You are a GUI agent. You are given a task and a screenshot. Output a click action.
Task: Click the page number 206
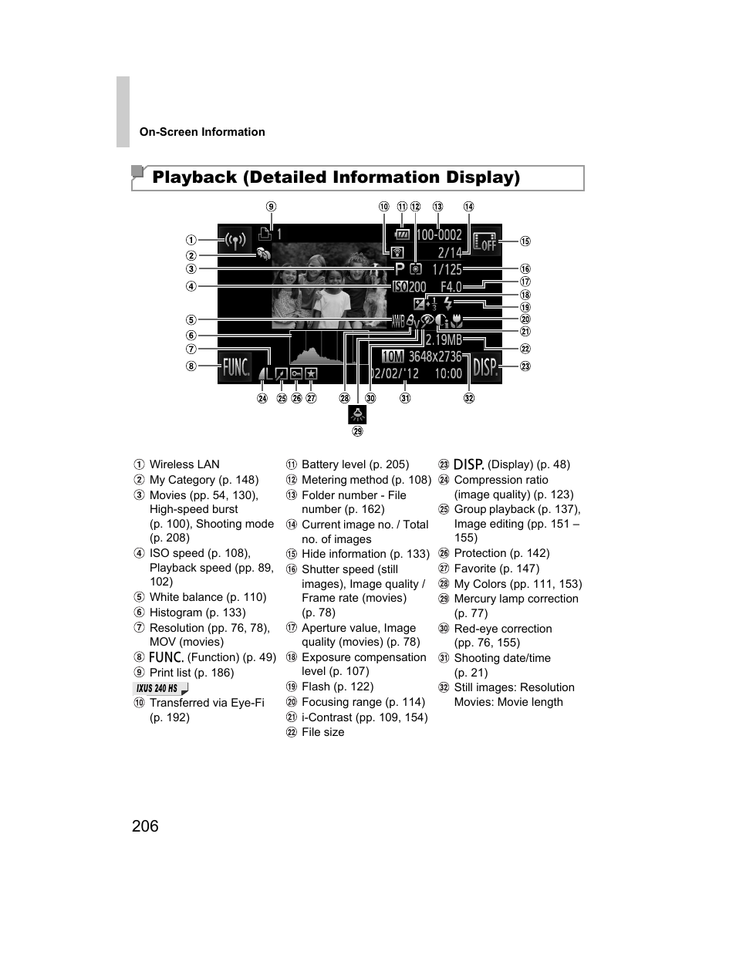[x=145, y=826]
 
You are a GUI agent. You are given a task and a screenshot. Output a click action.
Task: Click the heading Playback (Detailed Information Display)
[x=336, y=177]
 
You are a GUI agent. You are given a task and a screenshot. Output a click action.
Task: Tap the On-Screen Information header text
[x=202, y=132]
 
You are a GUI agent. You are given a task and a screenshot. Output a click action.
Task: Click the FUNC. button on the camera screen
[x=237, y=367]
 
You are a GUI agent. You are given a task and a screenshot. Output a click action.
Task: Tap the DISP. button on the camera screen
[x=486, y=367]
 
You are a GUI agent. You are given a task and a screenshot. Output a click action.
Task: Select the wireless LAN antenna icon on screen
[x=236, y=240]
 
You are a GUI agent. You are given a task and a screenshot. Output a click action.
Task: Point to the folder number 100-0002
[x=439, y=235]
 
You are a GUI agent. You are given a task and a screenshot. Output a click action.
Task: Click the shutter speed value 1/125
[x=447, y=269]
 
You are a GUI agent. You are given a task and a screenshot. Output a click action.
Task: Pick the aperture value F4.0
[x=451, y=287]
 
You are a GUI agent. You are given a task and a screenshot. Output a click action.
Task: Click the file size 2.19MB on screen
[x=444, y=339]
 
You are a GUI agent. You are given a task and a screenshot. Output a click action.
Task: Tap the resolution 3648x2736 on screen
[x=434, y=356]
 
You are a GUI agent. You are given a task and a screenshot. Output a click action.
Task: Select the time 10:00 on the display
[x=448, y=373]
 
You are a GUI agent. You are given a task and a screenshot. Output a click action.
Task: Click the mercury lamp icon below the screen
[x=357, y=414]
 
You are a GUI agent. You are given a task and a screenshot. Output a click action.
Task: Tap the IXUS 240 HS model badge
[x=160, y=689]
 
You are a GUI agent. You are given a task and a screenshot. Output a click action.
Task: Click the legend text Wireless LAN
[x=184, y=464]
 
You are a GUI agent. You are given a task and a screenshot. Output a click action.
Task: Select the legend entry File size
[x=322, y=732]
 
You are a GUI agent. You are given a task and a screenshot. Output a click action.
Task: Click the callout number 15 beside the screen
[x=525, y=241]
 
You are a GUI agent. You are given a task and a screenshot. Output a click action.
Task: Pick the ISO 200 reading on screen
[x=409, y=287]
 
